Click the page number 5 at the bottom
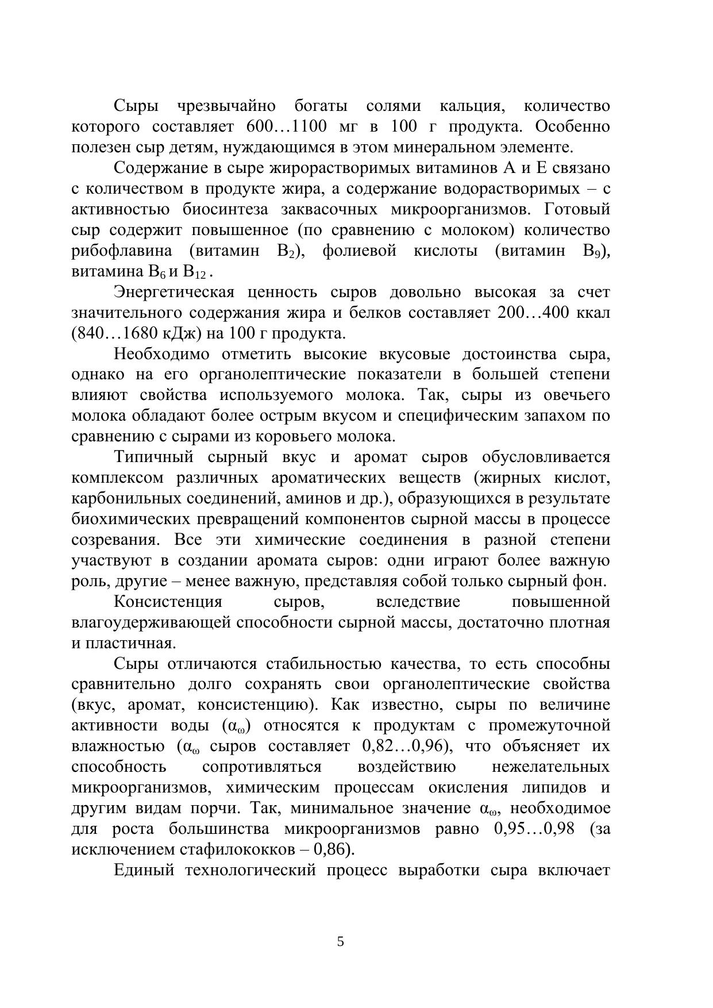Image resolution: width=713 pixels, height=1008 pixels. click(x=341, y=942)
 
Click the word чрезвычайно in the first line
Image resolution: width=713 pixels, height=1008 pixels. click(x=226, y=106)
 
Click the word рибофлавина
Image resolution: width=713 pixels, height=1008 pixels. click(x=122, y=251)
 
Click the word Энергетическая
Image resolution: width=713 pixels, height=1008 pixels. click(x=174, y=293)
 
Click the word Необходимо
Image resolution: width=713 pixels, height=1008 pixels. click(x=161, y=354)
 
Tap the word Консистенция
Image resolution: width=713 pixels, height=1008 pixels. click(x=168, y=602)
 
